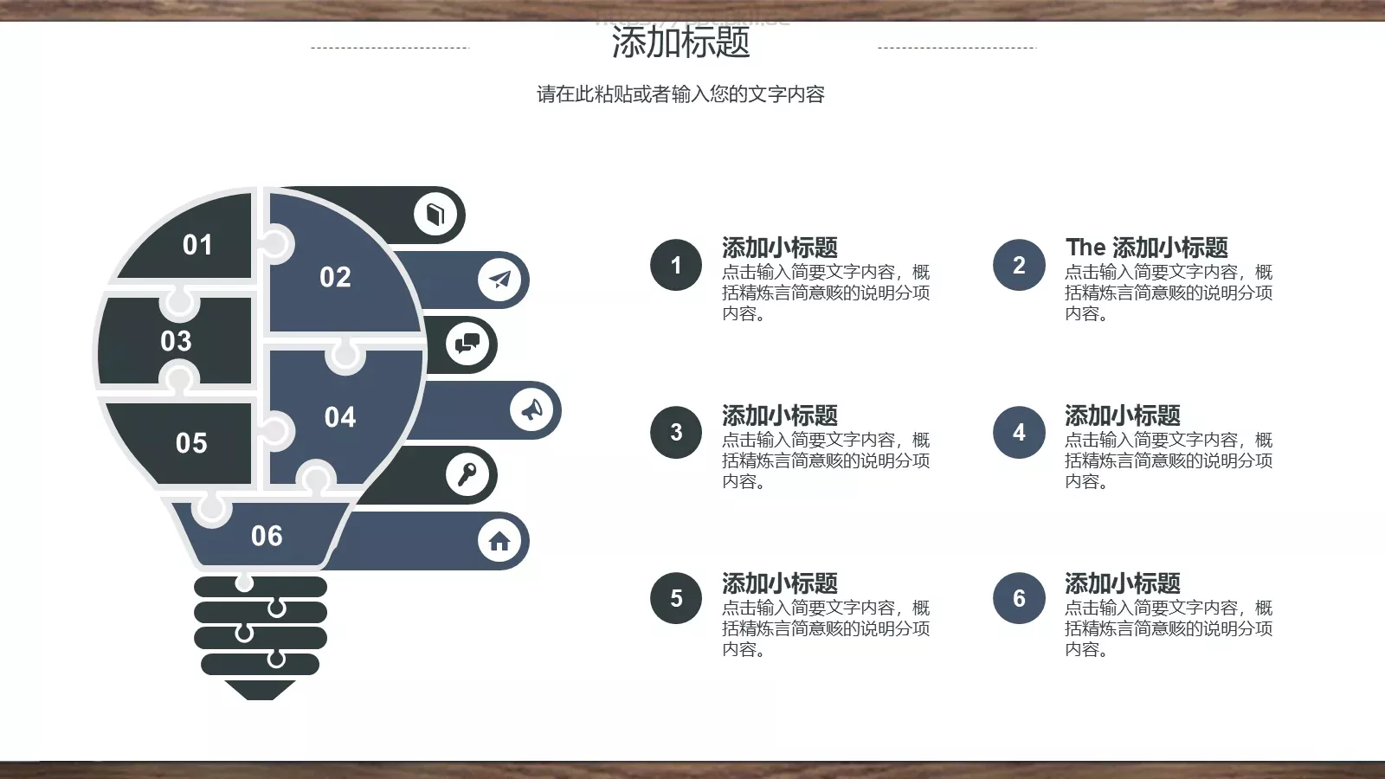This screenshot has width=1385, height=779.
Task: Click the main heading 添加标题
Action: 680,42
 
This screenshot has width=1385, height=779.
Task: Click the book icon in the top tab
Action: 435,214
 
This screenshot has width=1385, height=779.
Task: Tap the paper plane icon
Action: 499,279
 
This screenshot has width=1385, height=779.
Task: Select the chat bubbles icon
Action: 467,344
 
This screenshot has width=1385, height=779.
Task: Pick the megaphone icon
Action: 531,409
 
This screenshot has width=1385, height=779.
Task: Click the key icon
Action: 467,474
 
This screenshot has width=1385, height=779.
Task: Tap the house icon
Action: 499,541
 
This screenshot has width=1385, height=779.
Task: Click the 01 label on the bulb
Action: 197,245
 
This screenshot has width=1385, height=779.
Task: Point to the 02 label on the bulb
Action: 335,277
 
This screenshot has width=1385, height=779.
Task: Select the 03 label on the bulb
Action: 176,341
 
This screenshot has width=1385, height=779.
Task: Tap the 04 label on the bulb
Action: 340,417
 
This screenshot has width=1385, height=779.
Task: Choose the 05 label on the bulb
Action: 191,443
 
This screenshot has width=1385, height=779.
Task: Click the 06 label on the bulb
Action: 267,537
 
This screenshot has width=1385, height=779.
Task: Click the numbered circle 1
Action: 676,265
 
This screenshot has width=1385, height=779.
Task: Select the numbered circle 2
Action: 1019,265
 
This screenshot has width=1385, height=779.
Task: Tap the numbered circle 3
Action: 676,432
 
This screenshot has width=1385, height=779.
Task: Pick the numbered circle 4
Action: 1019,432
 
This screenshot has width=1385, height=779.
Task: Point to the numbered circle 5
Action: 676,598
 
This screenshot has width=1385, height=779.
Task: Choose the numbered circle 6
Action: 1019,598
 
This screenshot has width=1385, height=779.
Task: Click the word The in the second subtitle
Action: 1085,248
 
